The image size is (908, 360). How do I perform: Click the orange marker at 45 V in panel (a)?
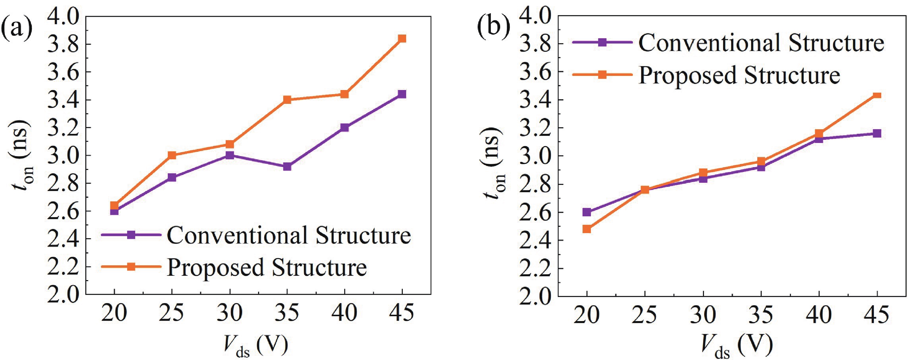point(402,38)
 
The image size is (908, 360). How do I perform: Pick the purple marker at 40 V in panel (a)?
point(344,127)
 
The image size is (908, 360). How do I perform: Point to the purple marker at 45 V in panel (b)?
point(877,133)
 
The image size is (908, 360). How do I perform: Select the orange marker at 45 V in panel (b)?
point(877,95)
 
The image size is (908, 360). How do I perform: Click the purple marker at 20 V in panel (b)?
point(587,212)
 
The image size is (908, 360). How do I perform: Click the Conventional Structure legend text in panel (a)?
point(289,235)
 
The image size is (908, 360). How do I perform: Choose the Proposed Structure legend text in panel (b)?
point(739,75)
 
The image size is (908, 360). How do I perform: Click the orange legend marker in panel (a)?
point(131,267)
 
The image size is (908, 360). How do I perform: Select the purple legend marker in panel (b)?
point(603,43)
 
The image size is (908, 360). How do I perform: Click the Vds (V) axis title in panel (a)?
point(256,346)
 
